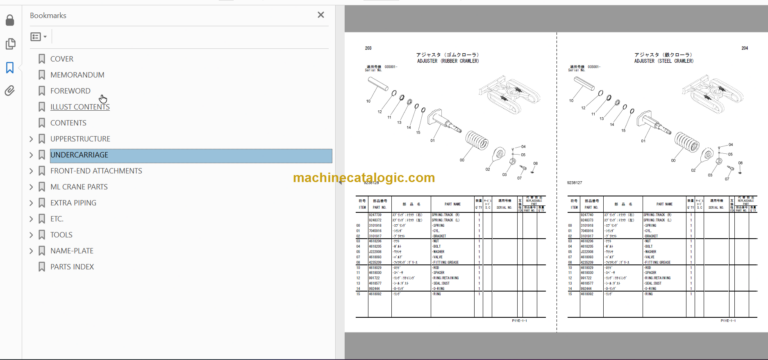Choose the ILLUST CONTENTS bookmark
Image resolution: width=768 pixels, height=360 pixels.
(x=80, y=107)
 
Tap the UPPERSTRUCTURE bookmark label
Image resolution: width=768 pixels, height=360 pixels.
(x=80, y=139)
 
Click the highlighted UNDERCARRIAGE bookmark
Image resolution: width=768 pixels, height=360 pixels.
(x=79, y=155)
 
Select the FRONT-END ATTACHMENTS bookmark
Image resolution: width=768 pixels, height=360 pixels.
(x=96, y=171)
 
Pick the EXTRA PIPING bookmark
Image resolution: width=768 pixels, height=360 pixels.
(x=73, y=203)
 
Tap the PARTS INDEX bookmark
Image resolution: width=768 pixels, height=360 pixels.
(x=72, y=267)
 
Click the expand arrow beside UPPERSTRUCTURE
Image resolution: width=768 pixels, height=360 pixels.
(x=31, y=139)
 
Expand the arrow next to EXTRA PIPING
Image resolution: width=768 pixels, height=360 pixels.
(x=31, y=203)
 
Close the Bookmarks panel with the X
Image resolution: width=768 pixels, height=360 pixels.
(x=321, y=15)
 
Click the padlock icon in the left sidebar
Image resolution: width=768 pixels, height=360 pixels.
(x=10, y=20)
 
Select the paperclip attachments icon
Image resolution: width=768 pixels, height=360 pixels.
(x=10, y=91)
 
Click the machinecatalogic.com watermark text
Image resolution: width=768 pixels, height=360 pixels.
(x=364, y=178)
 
